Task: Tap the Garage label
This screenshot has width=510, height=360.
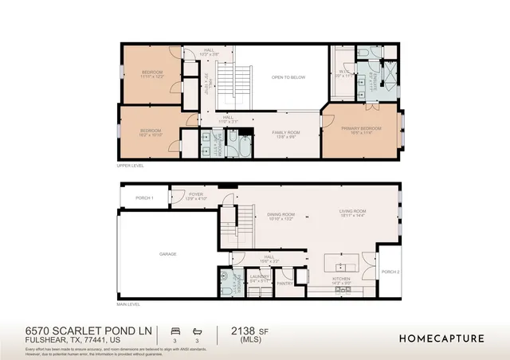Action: click(x=167, y=254)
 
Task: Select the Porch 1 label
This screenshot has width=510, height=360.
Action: click(x=144, y=198)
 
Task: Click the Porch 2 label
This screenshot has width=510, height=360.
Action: click(x=390, y=272)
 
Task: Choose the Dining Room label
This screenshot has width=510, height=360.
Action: click(x=280, y=213)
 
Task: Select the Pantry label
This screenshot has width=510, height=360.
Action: click(x=284, y=282)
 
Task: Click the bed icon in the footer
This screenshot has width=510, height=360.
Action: click(x=175, y=329)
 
